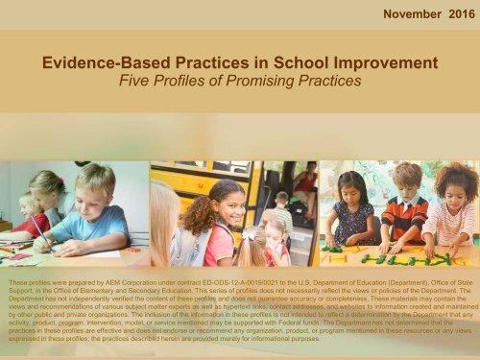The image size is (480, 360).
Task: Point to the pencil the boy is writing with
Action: (42, 231)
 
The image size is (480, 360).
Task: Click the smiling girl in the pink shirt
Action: (222, 213)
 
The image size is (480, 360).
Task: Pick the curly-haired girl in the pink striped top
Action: (455, 206)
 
